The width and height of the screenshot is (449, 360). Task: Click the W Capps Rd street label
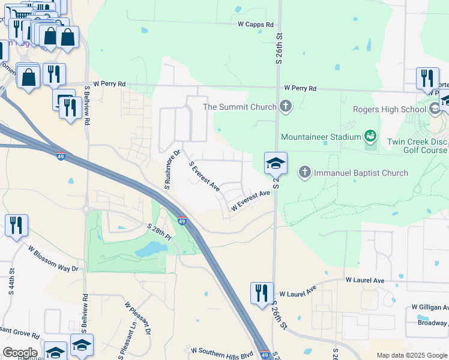255,25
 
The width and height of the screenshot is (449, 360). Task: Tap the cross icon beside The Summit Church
285,107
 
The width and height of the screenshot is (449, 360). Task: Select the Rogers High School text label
389,109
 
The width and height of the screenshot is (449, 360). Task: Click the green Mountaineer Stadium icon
371,137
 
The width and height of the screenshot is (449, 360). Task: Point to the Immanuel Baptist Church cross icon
305,173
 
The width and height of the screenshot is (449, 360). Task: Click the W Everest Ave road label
251,200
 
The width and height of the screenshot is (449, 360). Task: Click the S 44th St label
11,285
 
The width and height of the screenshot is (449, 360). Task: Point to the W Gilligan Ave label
430,308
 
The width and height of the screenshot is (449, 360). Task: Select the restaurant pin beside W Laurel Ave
262,293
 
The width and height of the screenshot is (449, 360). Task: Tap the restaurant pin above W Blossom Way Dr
17,226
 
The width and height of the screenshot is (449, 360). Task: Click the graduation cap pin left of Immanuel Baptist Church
276,163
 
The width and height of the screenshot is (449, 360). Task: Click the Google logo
20,353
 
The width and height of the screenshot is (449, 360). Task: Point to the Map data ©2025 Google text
411,355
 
